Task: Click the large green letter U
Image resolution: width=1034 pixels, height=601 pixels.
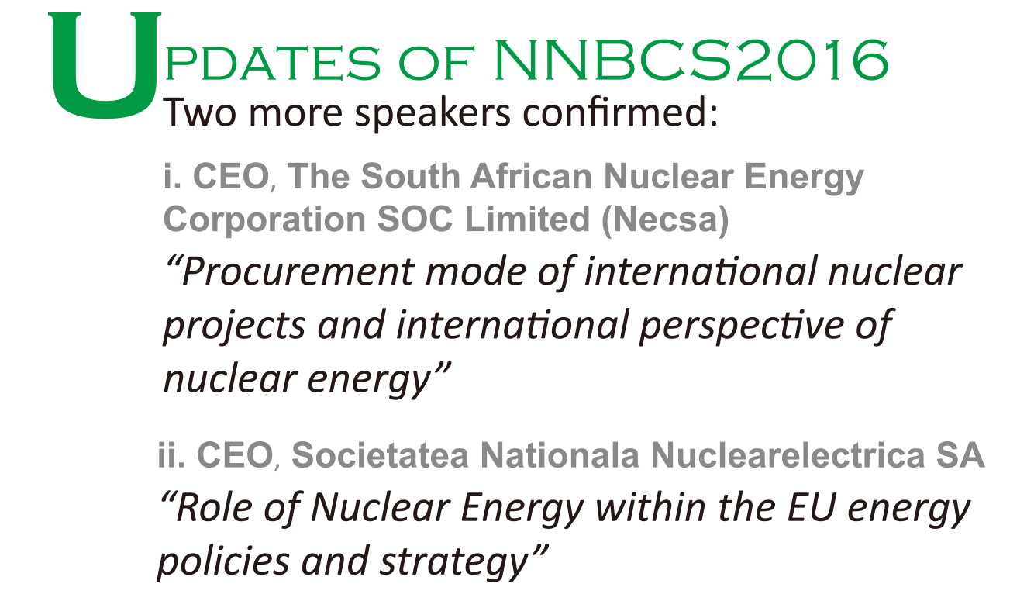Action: click(x=105, y=65)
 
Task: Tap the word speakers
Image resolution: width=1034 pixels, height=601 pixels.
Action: click(x=433, y=114)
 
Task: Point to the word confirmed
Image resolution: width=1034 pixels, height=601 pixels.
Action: click(x=620, y=112)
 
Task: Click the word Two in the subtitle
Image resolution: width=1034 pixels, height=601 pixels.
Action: click(x=200, y=112)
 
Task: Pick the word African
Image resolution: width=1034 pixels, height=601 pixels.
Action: click(x=531, y=176)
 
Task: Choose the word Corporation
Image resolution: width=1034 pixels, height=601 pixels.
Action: click(x=265, y=219)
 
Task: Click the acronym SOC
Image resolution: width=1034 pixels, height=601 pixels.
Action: click(x=415, y=219)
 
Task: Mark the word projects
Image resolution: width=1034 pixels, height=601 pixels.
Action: click(x=233, y=326)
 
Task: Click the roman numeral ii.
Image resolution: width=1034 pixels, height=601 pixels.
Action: click(x=171, y=454)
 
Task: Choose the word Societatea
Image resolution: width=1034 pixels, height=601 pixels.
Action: click(x=380, y=454)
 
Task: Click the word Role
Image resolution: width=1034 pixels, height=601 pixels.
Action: click(x=214, y=508)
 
